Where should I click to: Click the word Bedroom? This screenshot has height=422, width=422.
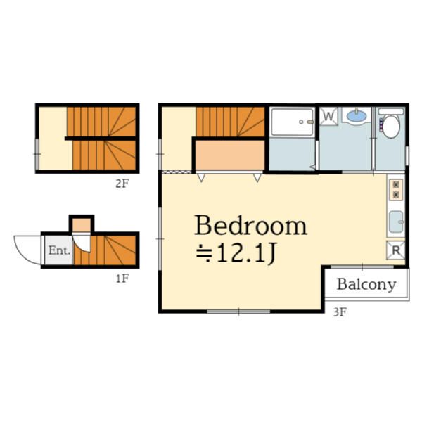pos(250,225)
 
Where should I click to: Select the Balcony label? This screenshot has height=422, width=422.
pos(366,284)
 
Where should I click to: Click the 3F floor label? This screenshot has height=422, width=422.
pos(340,312)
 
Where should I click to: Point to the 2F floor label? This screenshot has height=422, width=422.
pos(122,184)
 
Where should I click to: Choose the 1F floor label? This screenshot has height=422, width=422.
pos(122,279)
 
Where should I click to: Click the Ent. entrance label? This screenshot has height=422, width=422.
pos(59,251)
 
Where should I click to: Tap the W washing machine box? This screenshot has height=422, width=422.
pos(328,116)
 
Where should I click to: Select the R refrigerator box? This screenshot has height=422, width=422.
pos(395,250)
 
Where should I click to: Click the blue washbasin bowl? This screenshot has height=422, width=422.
pos(357,116)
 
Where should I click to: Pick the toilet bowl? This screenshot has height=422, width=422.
pos(391,127)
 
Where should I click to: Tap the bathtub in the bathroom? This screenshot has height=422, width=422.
pos(293,122)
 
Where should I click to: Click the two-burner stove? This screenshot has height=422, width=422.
pos(396,190)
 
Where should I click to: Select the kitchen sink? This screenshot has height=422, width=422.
pos(397,222)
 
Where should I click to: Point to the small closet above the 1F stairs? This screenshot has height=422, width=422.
pos(82,226)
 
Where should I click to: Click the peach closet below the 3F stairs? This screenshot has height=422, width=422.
pos(230,155)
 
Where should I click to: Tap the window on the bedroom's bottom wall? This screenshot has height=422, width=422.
pos(238,312)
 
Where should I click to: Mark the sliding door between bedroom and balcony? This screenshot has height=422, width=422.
pos(362,267)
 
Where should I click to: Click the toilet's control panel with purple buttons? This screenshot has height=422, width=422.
pos(381,124)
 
